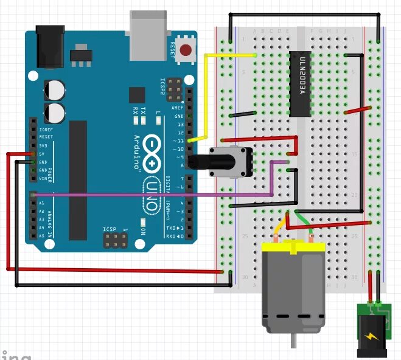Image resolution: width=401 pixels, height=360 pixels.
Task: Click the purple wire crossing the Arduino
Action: pyautogui.click(x=152, y=195)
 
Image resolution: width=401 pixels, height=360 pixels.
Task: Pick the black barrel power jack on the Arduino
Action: pyautogui.click(x=51, y=45)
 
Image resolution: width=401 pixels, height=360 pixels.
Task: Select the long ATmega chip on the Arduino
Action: pyautogui.click(x=78, y=171)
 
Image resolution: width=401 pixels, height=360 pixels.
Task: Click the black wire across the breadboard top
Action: pyautogui.click(x=304, y=14)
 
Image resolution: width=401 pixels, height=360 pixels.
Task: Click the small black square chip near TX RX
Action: pyautogui.click(x=137, y=94)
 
